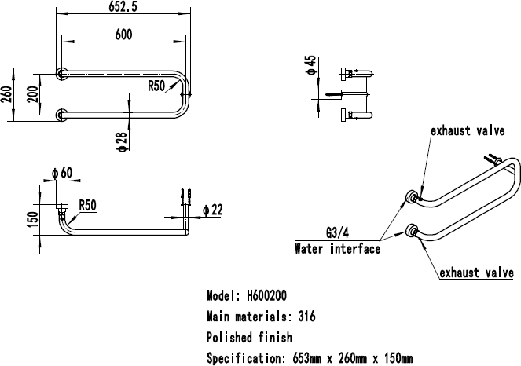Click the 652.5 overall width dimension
(x=123, y=6)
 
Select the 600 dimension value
(x=123, y=35)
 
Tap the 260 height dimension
(x=6, y=94)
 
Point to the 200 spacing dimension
(x=32, y=94)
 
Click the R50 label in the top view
(x=156, y=86)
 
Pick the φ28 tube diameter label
(x=122, y=142)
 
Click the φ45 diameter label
(x=310, y=65)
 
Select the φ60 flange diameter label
(x=62, y=173)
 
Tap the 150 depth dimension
(x=33, y=220)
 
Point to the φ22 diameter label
(x=213, y=210)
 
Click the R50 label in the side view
(x=87, y=205)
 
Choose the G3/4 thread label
(x=338, y=232)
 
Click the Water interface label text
(x=338, y=249)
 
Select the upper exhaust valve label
(x=468, y=130)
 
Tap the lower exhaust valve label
(x=477, y=273)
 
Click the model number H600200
(x=267, y=295)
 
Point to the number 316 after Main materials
(x=306, y=317)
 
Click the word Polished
(x=229, y=338)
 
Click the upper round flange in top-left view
(x=61, y=74)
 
